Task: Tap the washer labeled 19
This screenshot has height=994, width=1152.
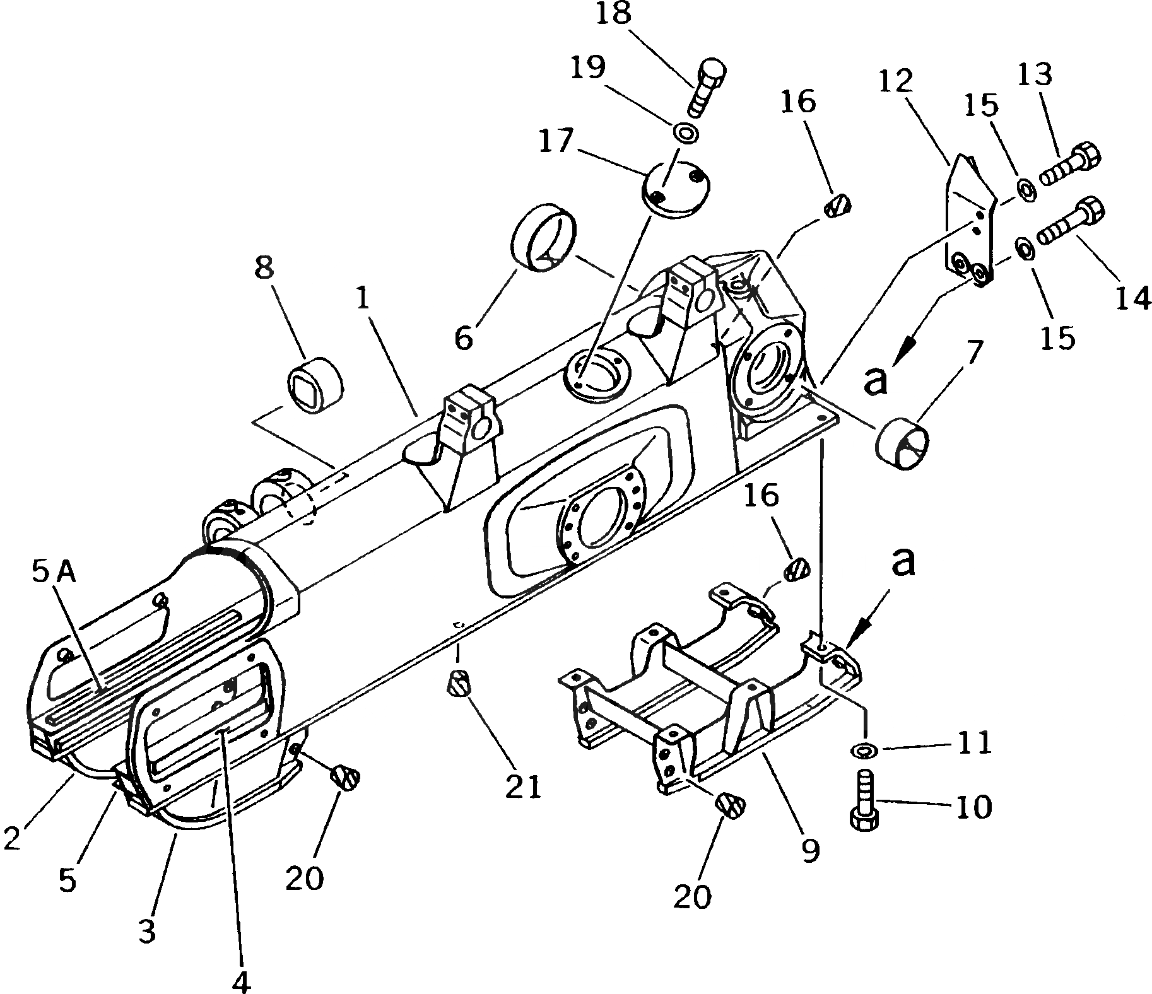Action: point(685,133)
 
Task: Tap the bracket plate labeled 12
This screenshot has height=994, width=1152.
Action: point(968,221)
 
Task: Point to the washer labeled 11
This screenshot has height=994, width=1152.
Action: point(864,751)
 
